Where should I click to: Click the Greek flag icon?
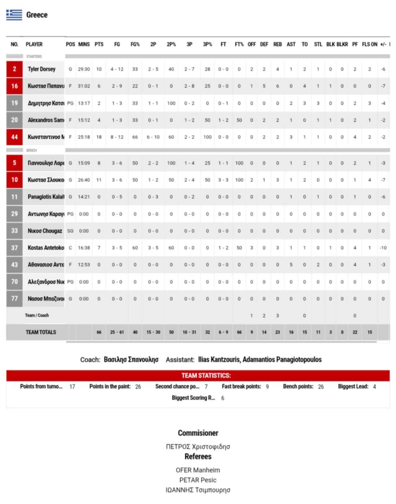[14, 15]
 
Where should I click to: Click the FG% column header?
[135, 44]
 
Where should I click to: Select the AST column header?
[291, 44]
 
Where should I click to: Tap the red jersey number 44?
[14, 137]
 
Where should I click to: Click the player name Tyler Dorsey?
[41, 69]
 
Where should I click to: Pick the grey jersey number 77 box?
[14, 299]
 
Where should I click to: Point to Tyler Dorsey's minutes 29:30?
[84, 69]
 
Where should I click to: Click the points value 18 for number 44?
[99, 137]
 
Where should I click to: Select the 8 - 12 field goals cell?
[117, 137]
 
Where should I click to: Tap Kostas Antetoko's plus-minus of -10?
[383, 248]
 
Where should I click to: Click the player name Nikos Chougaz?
[45, 231]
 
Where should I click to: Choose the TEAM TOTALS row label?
[41, 332]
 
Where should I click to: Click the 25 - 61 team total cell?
[117, 332]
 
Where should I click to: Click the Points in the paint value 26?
[138, 387]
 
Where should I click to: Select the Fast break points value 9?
[267, 387]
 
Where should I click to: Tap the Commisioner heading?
[198, 433]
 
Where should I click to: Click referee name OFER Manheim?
[198, 470]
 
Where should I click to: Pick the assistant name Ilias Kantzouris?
[219, 359]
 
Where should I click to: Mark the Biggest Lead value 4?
[374, 387]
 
